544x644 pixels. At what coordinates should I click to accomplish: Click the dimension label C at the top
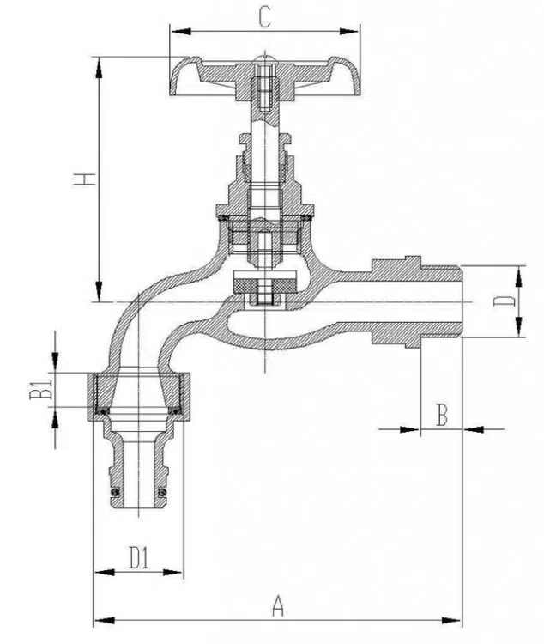tap(265, 18)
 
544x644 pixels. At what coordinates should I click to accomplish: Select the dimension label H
tap(85, 179)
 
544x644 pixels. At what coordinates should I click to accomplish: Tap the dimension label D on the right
tap(504, 301)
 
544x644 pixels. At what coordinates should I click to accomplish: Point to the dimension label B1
tap(42, 388)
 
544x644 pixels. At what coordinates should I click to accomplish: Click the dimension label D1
tap(139, 557)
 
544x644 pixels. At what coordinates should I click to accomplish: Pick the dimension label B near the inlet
tap(441, 415)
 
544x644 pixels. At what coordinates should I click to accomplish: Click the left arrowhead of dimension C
tap(181, 31)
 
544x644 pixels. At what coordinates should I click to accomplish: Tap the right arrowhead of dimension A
tap(450, 620)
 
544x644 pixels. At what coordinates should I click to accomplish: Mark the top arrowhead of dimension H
tap(99, 67)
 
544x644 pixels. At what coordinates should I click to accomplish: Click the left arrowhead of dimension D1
tap(105, 572)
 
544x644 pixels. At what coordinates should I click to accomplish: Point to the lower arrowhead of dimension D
tap(519, 326)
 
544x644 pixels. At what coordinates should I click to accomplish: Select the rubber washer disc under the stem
tap(265, 284)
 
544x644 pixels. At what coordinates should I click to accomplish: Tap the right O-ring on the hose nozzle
tap(163, 492)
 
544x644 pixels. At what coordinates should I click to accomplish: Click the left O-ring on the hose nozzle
tap(116, 492)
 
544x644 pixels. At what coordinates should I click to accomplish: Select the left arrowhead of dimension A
tap(105, 620)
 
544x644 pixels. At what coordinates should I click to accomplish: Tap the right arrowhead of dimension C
tap(349, 31)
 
